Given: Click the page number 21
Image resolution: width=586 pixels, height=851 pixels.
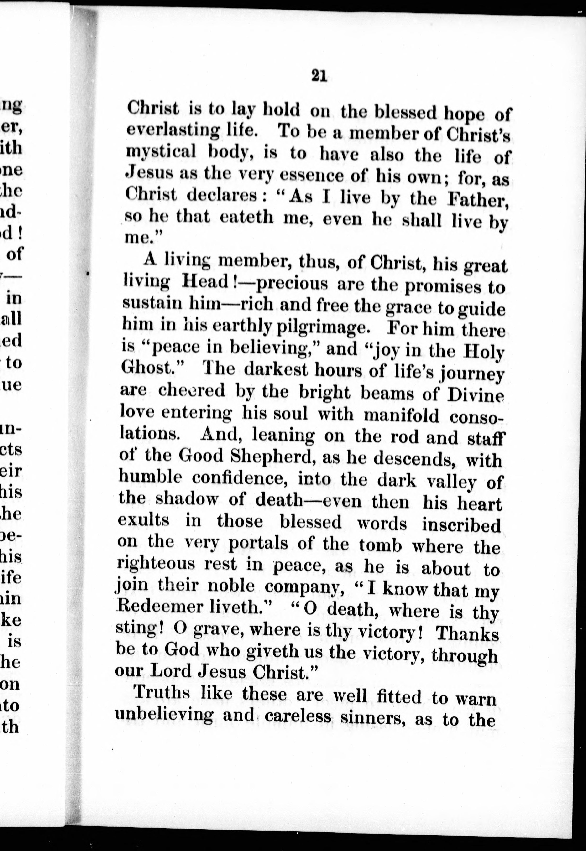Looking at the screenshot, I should [x=319, y=76].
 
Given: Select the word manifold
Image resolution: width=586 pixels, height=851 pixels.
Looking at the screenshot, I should [x=401, y=415].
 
